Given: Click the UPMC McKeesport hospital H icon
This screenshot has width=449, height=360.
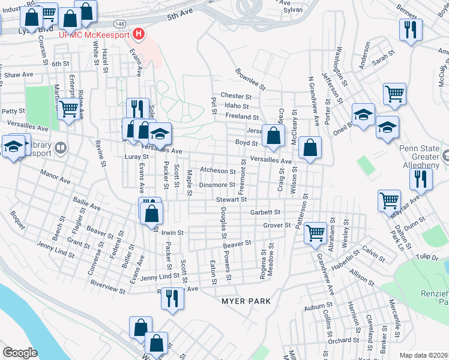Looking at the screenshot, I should [x=139, y=34].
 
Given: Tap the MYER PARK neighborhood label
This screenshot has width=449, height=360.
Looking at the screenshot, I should [x=246, y=301].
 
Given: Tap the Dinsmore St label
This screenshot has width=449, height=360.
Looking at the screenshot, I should [x=218, y=185].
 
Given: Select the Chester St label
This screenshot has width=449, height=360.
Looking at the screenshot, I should [x=235, y=96].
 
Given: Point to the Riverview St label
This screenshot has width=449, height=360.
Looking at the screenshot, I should [x=107, y=289].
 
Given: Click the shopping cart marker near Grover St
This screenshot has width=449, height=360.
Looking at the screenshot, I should [x=315, y=232].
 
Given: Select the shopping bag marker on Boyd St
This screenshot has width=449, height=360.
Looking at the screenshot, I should [x=274, y=137].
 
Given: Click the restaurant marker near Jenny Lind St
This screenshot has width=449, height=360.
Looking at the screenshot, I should [x=172, y=298].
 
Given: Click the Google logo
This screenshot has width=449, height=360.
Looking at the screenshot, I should [x=20, y=353].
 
